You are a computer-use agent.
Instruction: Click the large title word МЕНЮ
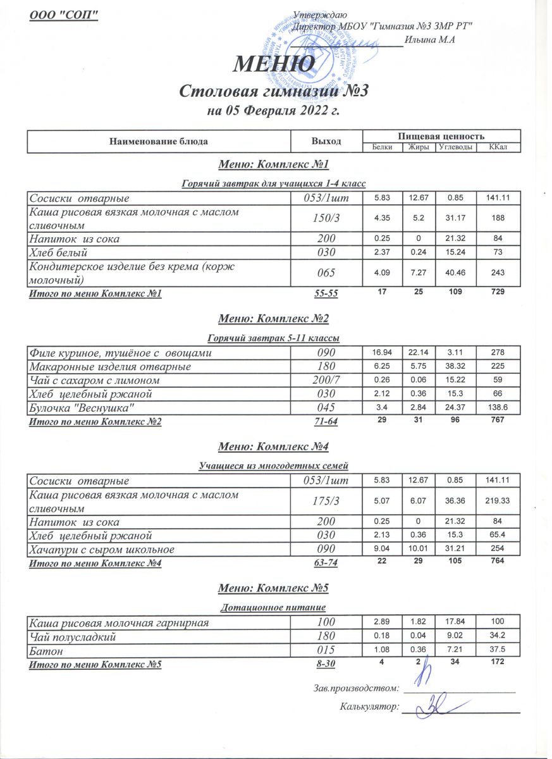275,64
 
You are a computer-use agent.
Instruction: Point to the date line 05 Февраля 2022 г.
274,113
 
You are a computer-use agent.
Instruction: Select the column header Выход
326,141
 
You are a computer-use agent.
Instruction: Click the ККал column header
503,147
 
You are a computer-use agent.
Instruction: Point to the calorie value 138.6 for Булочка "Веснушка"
503,409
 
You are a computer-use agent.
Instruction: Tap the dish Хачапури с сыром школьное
102,549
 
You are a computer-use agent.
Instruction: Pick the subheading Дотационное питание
274,608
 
